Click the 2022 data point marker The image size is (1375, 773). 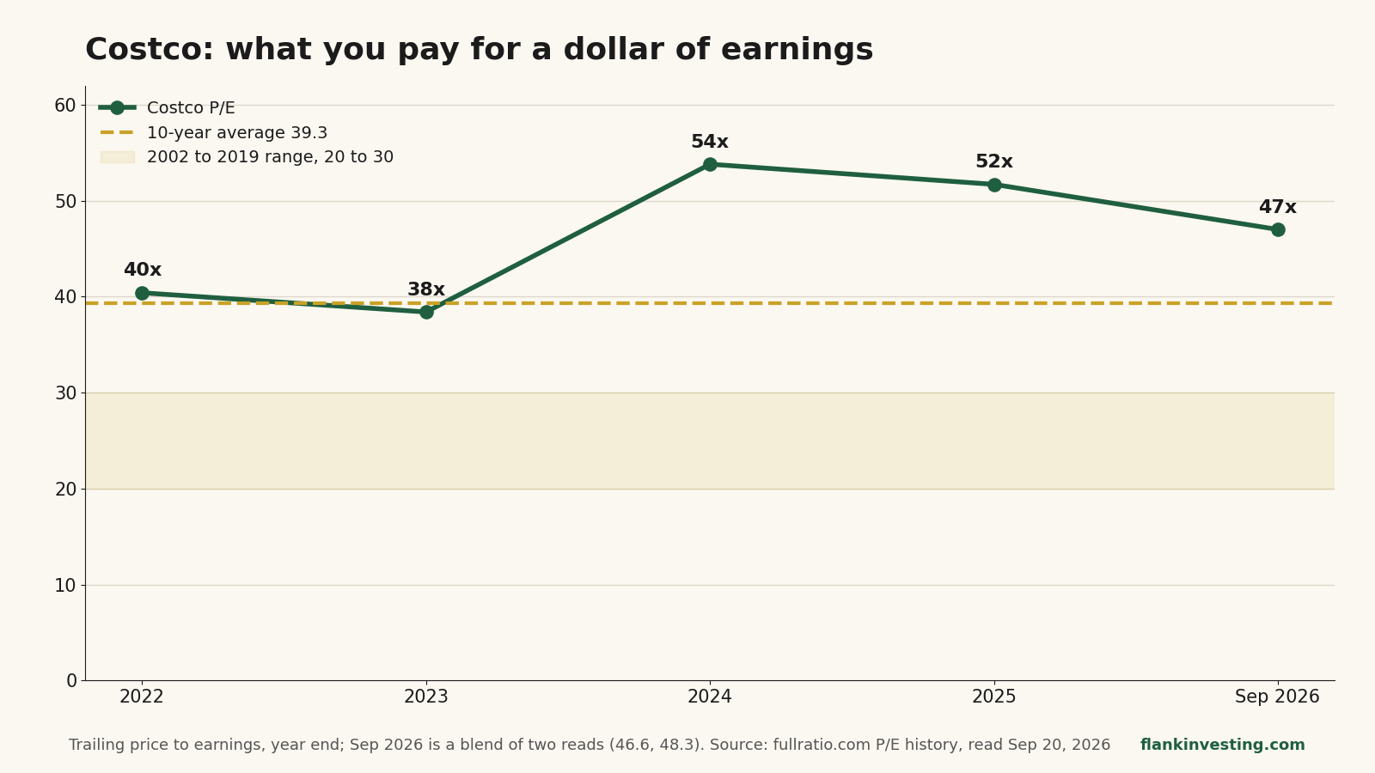pyautogui.click(x=142, y=293)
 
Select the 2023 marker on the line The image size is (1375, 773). pyautogui.click(x=426, y=312)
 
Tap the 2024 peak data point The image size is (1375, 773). pyautogui.click(x=710, y=164)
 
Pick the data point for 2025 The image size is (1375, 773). pyautogui.click(x=994, y=185)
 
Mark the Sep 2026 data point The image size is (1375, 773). pyautogui.click(x=1278, y=230)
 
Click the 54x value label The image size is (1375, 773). pyautogui.click(x=710, y=142)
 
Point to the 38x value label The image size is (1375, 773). pyautogui.click(x=426, y=289)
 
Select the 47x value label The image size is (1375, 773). pyautogui.click(x=1278, y=207)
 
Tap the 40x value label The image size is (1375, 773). pyautogui.click(x=143, y=270)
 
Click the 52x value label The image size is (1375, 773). pyautogui.click(x=994, y=162)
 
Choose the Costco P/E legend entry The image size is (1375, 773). pyautogui.click(x=167, y=108)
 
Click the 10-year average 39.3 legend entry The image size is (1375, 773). pyautogui.click(x=214, y=132)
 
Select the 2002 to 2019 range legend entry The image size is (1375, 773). pyautogui.click(x=247, y=157)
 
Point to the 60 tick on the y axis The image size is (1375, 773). pyautogui.click(x=65, y=106)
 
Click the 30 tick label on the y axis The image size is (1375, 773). pyautogui.click(x=65, y=393)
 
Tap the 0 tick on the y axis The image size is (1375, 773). pyautogui.click(x=72, y=681)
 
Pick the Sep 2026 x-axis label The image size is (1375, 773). pyautogui.click(x=1277, y=697)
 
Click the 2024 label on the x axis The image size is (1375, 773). pyautogui.click(x=710, y=697)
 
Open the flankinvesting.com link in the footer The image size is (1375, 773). pyautogui.click(x=1223, y=745)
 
